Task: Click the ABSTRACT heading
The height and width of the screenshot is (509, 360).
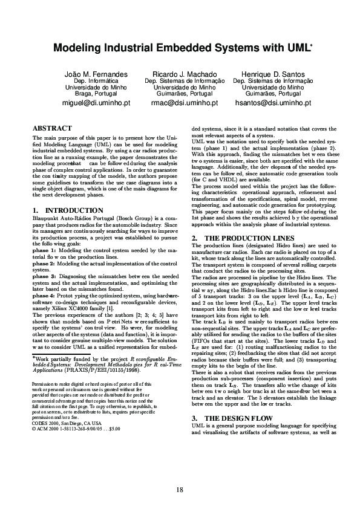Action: [52, 128]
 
